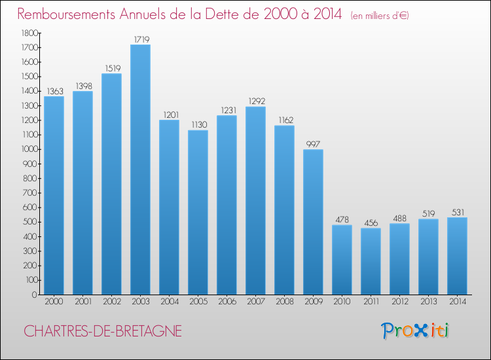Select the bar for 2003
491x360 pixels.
(x=140, y=170)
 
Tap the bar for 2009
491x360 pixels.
(x=313, y=222)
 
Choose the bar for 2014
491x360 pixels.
(x=457, y=256)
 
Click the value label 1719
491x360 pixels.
(x=140, y=39)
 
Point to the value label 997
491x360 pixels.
(x=313, y=144)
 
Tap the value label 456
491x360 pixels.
(x=371, y=223)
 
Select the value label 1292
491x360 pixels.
(x=255, y=101)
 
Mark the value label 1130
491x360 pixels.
(x=198, y=125)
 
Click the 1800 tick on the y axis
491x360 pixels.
(x=29, y=33)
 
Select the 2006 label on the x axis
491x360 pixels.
(x=227, y=303)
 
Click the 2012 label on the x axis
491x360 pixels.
(x=399, y=303)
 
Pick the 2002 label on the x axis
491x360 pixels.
(x=111, y=303)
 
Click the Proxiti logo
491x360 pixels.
(x=416, y=331)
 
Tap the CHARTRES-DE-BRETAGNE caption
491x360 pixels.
(x=103, y=332)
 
